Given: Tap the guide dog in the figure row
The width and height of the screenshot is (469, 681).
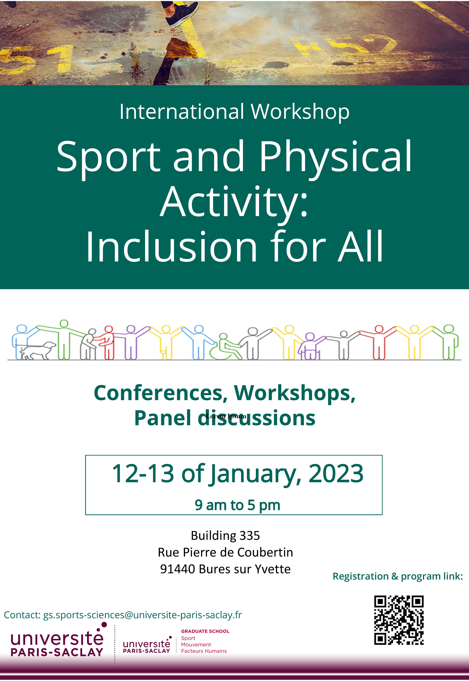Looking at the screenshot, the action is pos(37,350).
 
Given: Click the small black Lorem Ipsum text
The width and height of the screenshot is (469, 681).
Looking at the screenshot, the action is pos(226,416).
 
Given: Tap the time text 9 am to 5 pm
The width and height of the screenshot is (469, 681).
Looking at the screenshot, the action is pos(237,505).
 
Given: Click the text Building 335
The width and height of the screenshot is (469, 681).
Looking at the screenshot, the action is pos(225,535).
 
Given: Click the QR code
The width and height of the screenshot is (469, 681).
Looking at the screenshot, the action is pos(399,620).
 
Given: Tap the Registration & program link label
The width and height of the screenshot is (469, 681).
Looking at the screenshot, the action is pos(398,576).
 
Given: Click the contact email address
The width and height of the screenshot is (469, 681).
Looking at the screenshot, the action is pos(143,615).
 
